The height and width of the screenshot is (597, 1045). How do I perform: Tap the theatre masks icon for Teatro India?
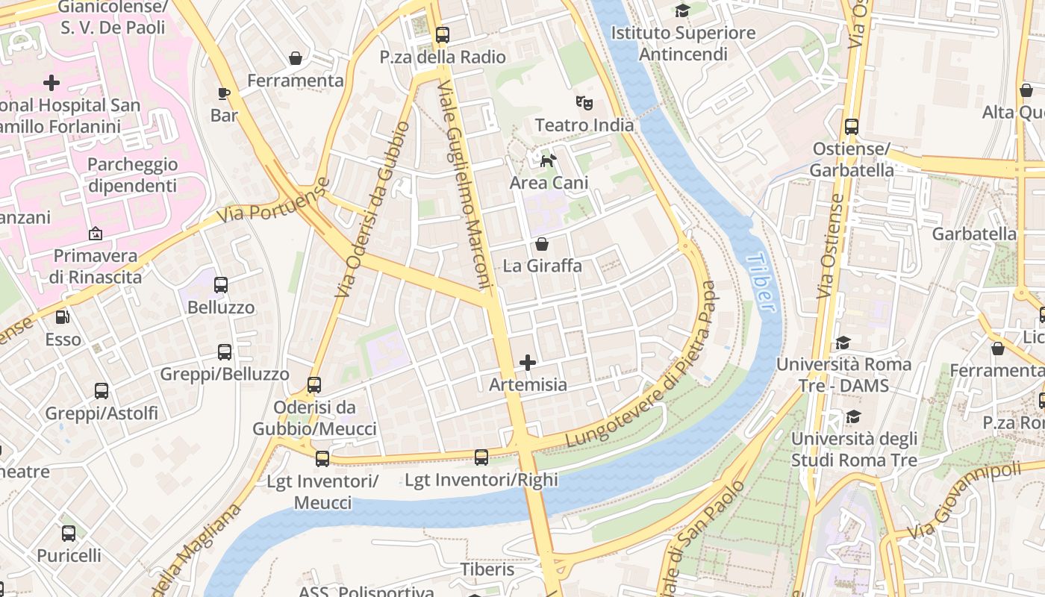584,103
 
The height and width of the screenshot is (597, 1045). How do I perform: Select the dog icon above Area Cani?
549,160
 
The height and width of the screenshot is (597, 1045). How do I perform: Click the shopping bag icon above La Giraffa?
542,244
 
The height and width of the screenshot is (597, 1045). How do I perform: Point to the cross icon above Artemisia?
528,363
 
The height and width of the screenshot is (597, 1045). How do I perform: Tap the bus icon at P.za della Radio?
443,34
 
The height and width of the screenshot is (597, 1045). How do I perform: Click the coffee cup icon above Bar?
224,93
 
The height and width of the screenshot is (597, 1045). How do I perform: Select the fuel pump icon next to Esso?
63,317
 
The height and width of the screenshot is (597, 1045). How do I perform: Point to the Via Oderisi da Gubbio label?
372,210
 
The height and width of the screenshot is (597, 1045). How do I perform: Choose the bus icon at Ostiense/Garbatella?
852,127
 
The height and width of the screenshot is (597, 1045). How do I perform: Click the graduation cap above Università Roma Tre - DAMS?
843,343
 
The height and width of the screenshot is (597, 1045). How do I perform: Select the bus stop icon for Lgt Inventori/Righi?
481,457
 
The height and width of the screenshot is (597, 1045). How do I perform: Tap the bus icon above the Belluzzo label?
221,285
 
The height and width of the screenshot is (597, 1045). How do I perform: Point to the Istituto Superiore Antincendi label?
683,43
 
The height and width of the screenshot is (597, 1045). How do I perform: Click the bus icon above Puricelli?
69,534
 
